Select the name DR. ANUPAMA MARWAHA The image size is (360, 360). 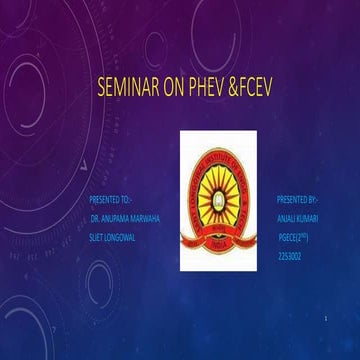123,218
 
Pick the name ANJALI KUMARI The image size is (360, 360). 299,218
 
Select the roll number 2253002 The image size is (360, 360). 291,255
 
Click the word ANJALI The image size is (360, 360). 287,218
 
